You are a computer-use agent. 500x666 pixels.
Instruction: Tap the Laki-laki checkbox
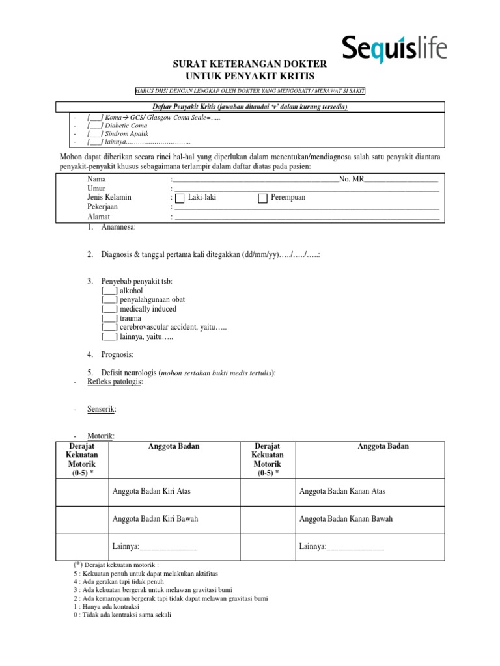point(179,198)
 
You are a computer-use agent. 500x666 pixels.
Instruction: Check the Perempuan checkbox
point(263,198)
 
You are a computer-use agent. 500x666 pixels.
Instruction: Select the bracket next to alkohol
point(109,290)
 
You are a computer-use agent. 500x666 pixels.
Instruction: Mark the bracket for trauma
point(109,318)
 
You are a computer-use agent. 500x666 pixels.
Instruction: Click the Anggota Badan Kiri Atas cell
point(152,491)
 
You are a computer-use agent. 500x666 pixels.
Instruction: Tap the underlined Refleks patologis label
point(115,382)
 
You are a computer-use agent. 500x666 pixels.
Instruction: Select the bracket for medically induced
point(109,309)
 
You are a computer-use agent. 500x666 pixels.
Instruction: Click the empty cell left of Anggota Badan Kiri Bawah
point(82,519)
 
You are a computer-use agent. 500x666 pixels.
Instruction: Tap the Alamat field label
point(99,217)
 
